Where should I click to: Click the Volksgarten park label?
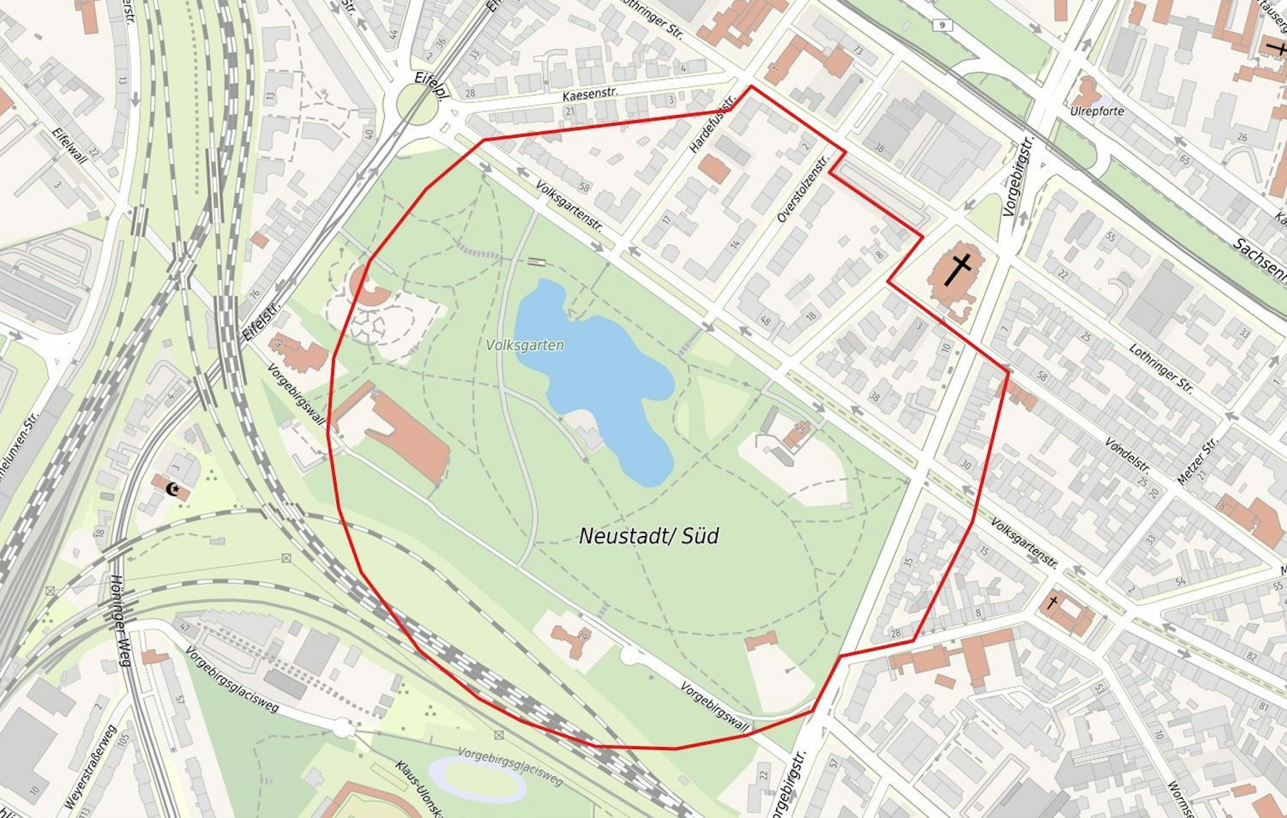tap(525, 346)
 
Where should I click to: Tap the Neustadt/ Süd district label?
tap(649, 536)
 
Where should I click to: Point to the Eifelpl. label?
tap(431, 84)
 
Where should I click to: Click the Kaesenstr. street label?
tap(589, 95)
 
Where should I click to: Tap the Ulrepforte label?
tap(1097, 111)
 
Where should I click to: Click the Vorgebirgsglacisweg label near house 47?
tap(232, 679)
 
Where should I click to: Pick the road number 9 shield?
tap(942, 25)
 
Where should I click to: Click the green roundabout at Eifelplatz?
tap(416, 104)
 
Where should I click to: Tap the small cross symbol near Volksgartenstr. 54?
tap(1053, 603)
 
